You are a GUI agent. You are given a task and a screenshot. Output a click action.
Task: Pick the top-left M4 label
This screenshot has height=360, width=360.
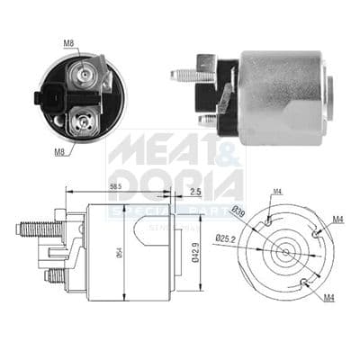coord(276,191)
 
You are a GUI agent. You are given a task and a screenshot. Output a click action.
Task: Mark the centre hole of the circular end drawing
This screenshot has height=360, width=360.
coord(287,250)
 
